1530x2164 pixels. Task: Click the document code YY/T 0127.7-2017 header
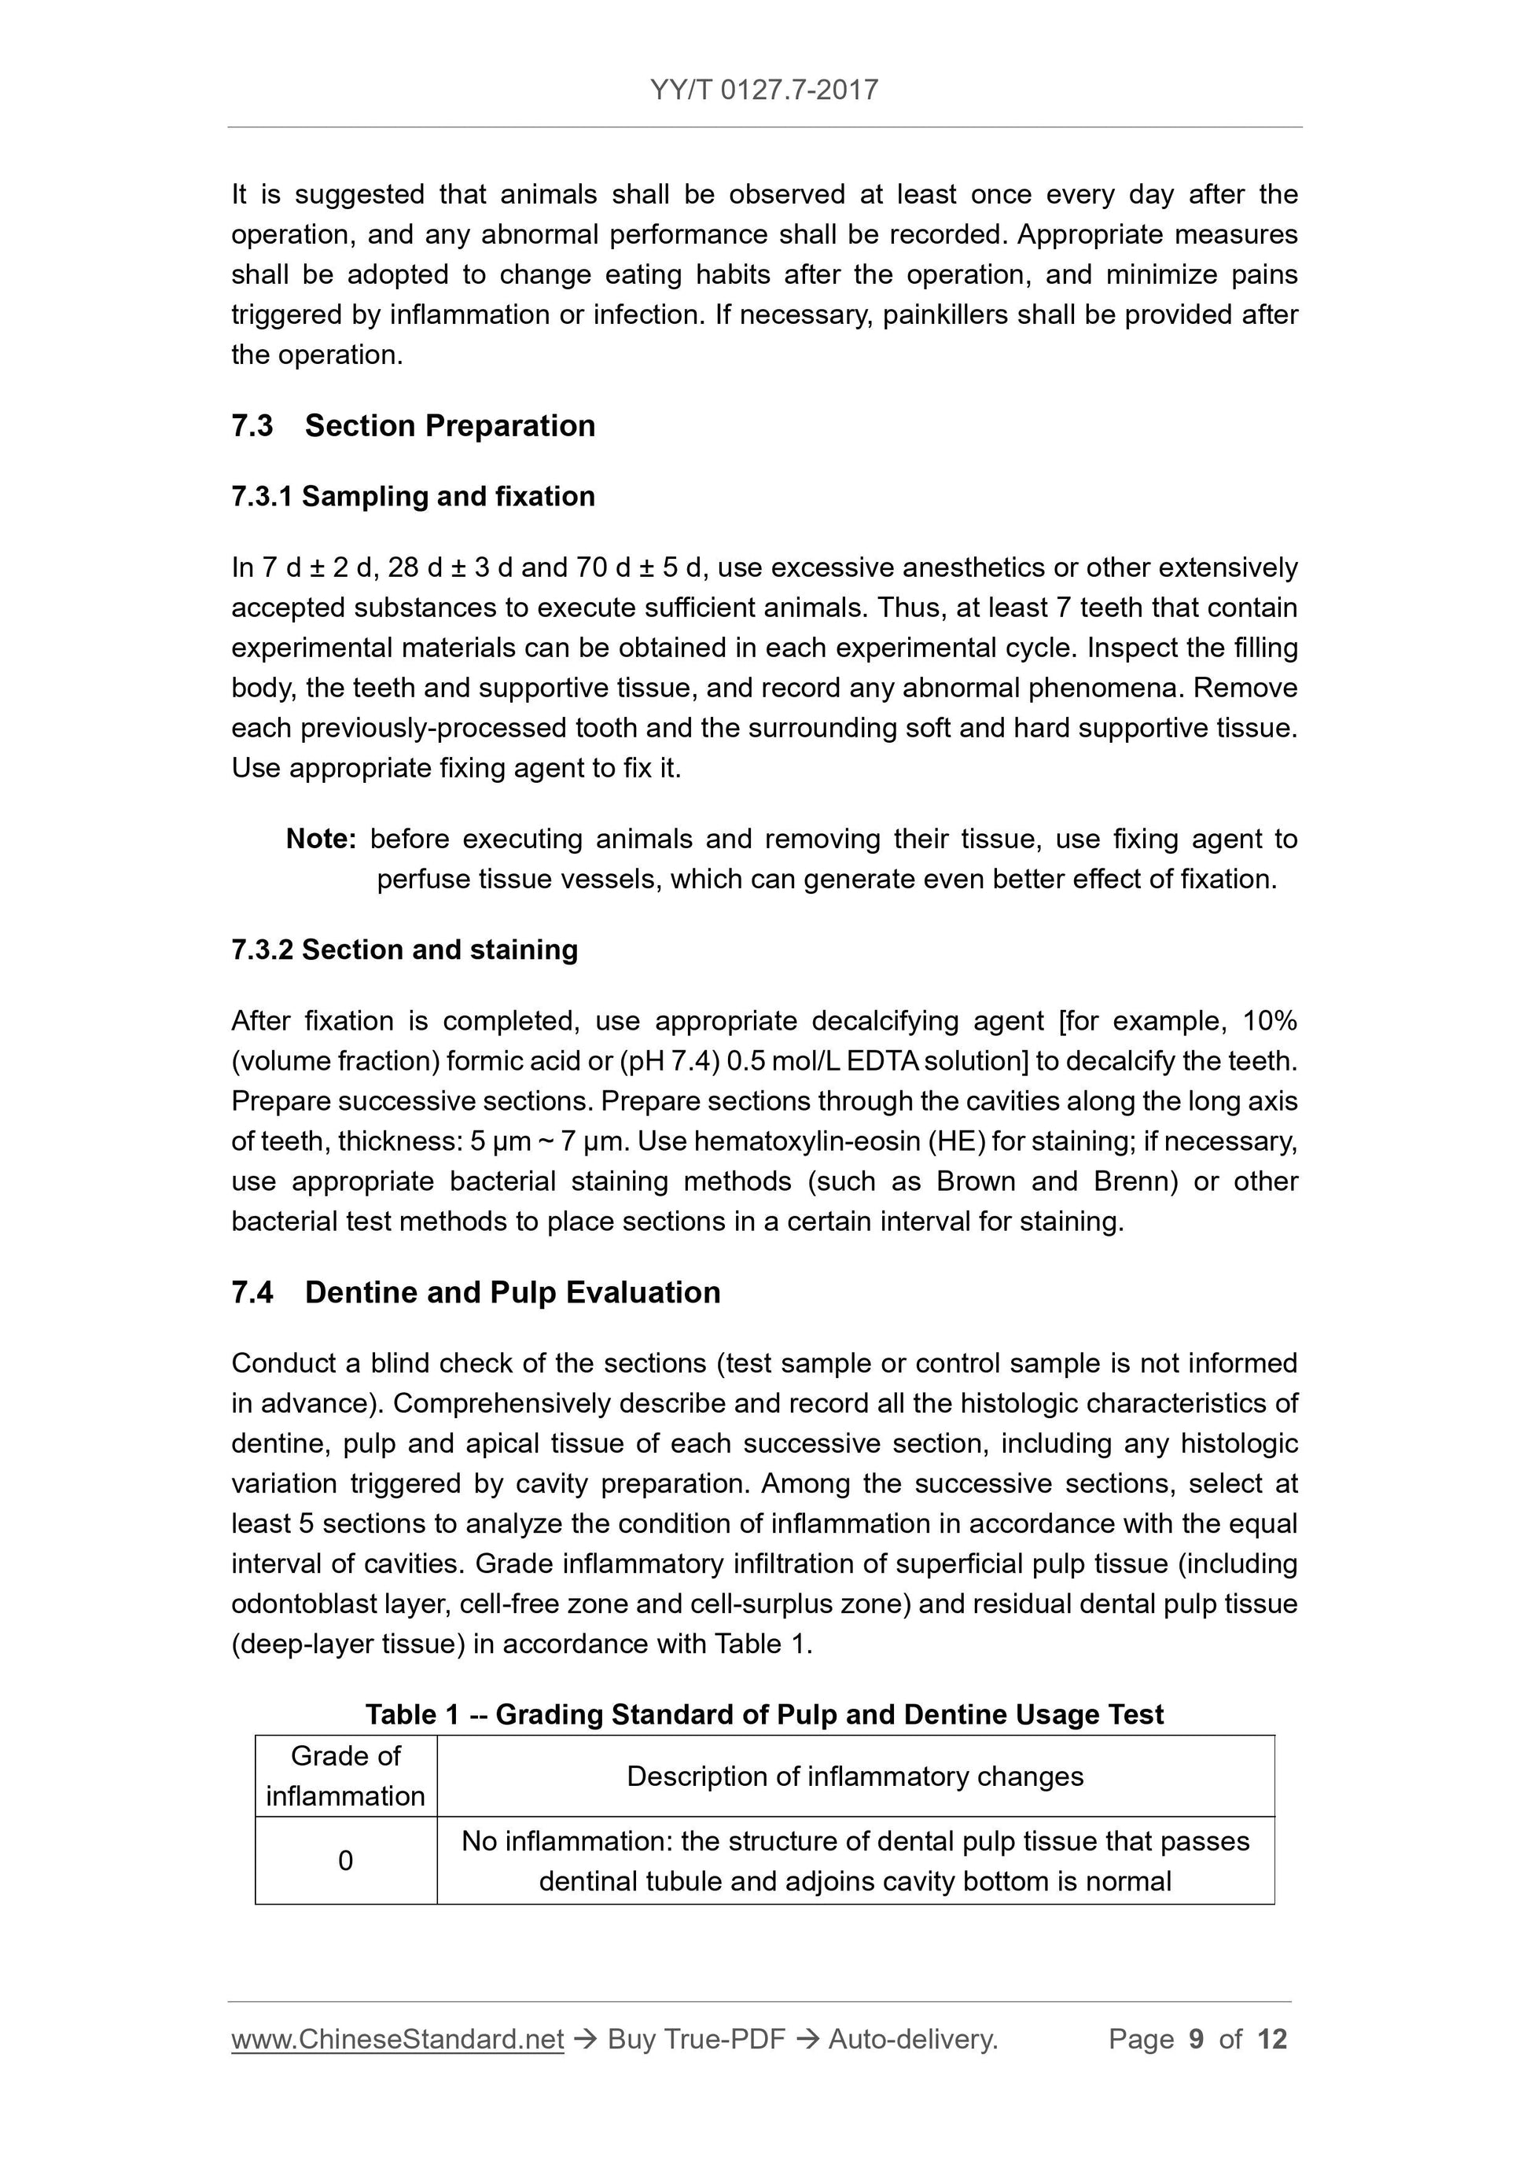click(x=763, y=90)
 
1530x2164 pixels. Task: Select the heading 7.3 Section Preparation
click(x=413, y=426)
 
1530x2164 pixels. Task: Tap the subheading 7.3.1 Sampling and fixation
click(x=413, y=497)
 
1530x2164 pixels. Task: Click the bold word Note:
click(x=321, y=839)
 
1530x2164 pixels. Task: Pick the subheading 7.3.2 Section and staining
click(x=404, y=950)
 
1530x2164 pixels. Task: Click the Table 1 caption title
click(x=763, y=1714)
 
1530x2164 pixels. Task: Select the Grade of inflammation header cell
click(x=345, y=1776)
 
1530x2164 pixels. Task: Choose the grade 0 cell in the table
click(x=345, y=1861)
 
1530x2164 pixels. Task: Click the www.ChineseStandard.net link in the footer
click(x=397, y=2040)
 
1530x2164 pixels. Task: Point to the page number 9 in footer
click(x=1197, y=2040)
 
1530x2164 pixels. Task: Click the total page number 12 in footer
click(x=1271, y=2040)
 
